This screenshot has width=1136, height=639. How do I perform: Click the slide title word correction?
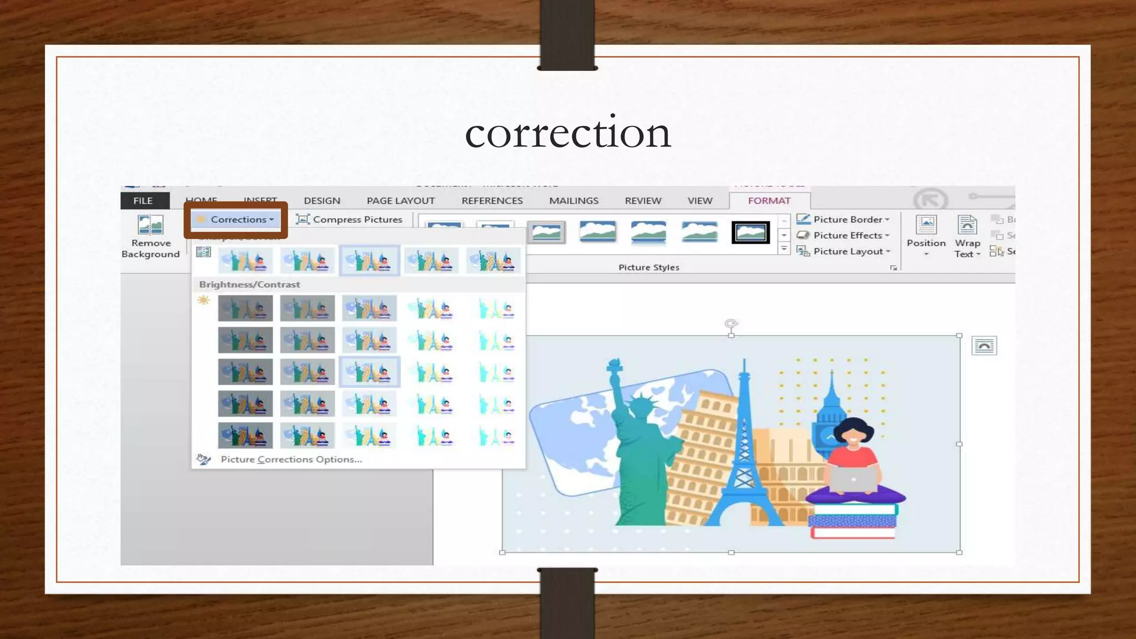tap(567, 133)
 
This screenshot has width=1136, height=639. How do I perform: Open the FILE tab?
tap(143, 201)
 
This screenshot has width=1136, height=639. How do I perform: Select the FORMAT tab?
tap(769, 201)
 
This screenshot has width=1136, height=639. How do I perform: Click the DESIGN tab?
tap(322, 201)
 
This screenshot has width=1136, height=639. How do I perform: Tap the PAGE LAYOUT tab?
tap(400, 201)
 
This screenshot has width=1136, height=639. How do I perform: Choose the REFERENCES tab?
tap(492, 201)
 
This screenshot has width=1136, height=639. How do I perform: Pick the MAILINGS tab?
tap(574, 201)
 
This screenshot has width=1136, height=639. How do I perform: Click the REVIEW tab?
tap(643, 201)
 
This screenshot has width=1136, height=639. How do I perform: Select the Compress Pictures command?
tap(350, 220)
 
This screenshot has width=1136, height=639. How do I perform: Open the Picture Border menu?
tap(843, 220)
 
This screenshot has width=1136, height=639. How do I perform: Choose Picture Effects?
tap(843, 236)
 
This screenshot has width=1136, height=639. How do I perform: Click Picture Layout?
tap(843, 251)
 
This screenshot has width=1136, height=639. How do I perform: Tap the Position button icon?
tap(926, 225)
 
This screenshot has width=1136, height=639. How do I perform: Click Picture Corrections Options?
tap(291, 459)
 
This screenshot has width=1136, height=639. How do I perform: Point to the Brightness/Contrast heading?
tap(250, 285)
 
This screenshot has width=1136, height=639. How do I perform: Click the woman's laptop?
tap(853, 478)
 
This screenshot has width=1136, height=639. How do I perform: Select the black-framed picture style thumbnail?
tap(750, 232)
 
